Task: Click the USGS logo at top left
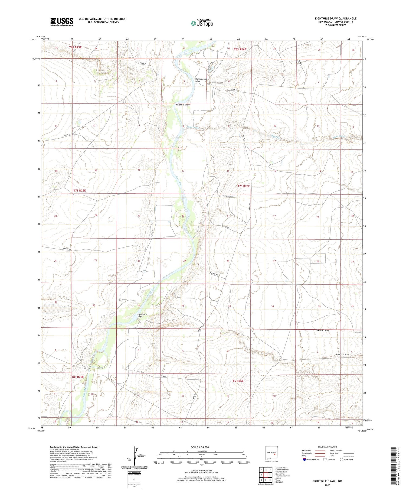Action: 62,22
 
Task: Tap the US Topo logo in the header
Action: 202,23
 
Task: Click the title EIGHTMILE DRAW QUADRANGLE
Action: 335,18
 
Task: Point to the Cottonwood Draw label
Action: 201,80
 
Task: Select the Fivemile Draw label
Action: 183,105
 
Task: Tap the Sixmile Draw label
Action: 322,330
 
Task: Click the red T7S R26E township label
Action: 244,186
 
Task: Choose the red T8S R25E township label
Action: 78,377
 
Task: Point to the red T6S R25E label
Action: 75,47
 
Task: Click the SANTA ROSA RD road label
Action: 228,196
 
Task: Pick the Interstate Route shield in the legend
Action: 304,460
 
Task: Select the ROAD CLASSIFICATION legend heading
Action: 328,447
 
